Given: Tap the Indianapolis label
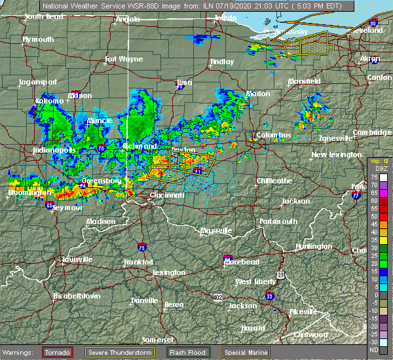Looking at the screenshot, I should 54,150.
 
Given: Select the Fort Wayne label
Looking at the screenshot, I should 124,60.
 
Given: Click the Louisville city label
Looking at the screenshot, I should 73,259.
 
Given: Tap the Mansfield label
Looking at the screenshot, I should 305,82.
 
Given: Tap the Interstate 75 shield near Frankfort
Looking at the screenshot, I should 141,247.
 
